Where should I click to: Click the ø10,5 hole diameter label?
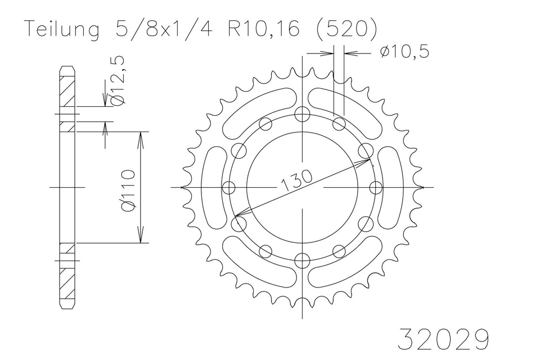(404, 52)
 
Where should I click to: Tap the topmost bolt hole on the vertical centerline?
(303, 114)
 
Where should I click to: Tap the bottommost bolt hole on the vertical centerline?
(303, 260)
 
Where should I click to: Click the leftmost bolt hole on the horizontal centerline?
(229, 187)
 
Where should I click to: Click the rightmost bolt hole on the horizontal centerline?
(376, 187)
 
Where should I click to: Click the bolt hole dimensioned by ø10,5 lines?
(339, 123)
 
